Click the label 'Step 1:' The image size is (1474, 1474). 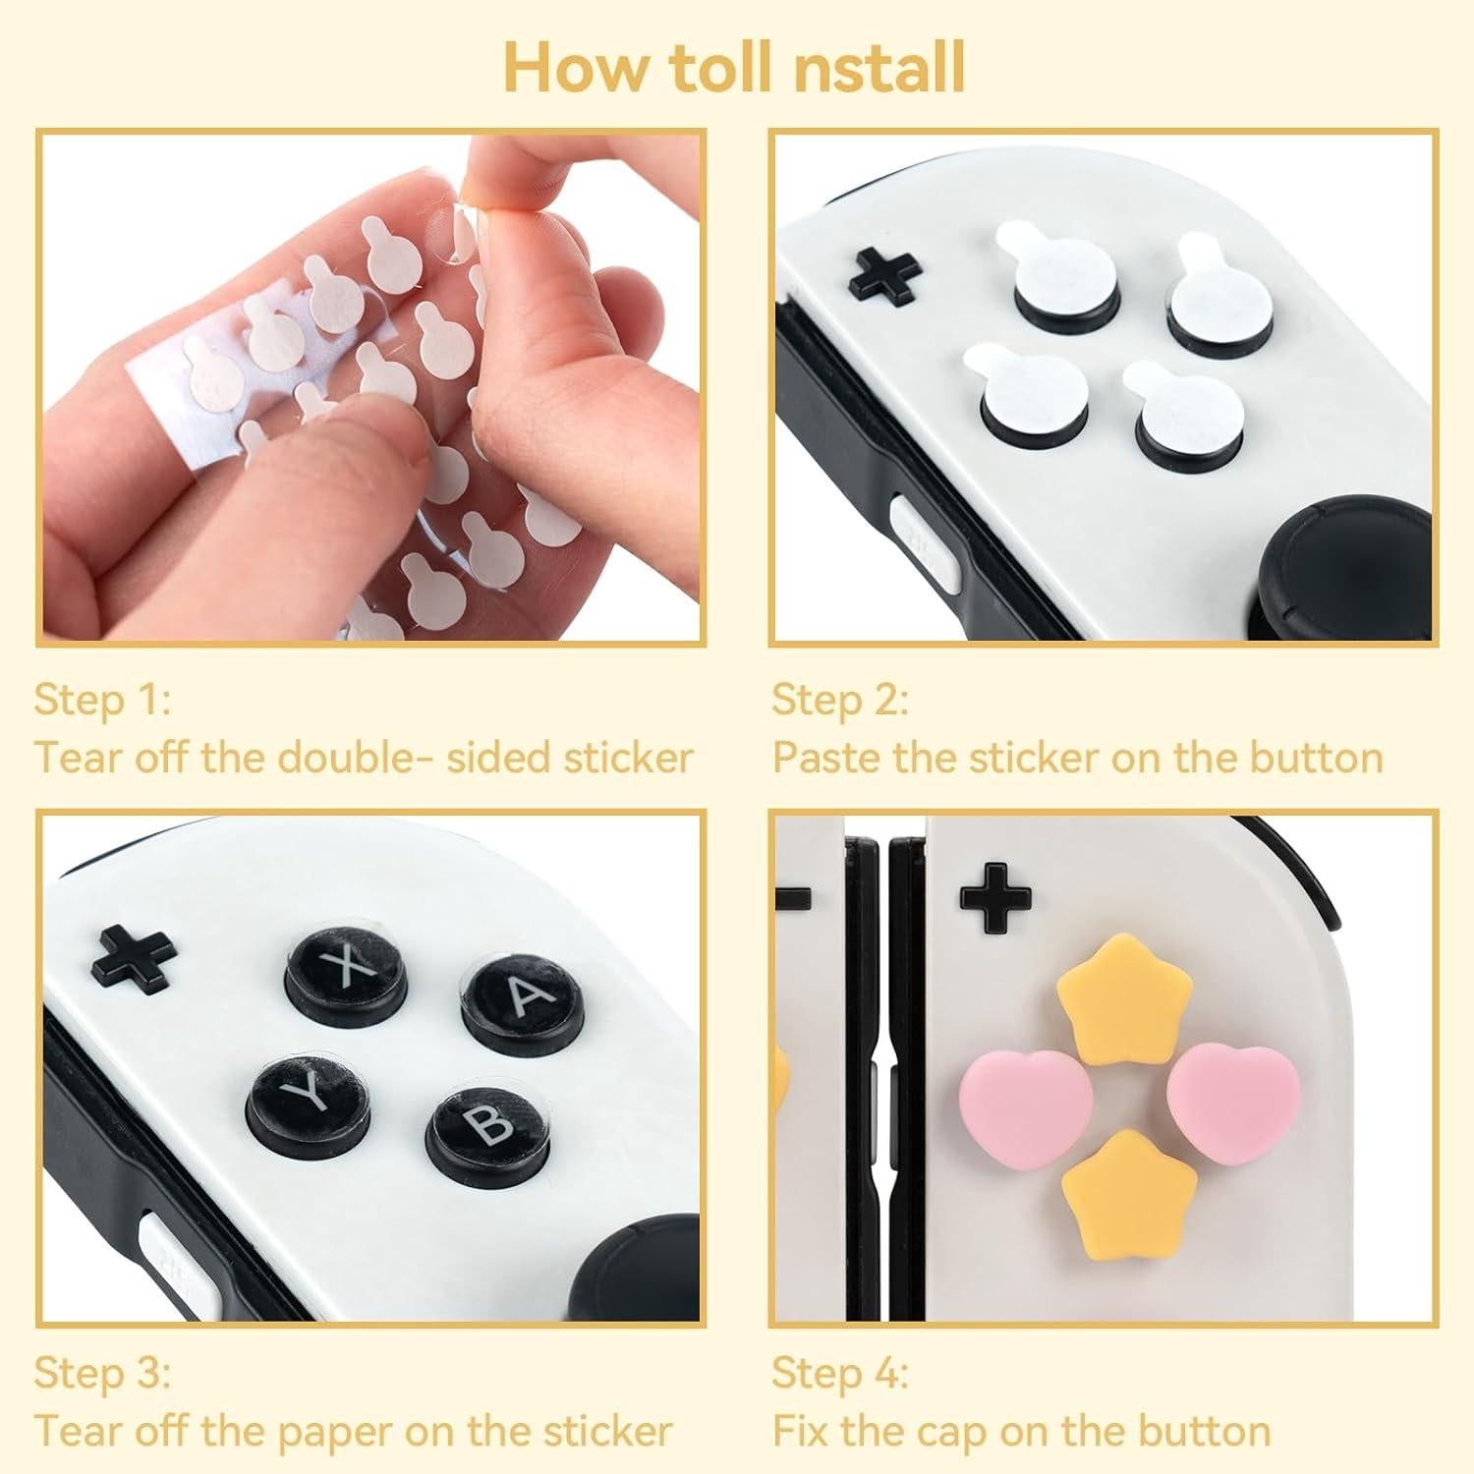[x=102, y=700]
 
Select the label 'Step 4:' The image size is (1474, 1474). [x=839, y=1372]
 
